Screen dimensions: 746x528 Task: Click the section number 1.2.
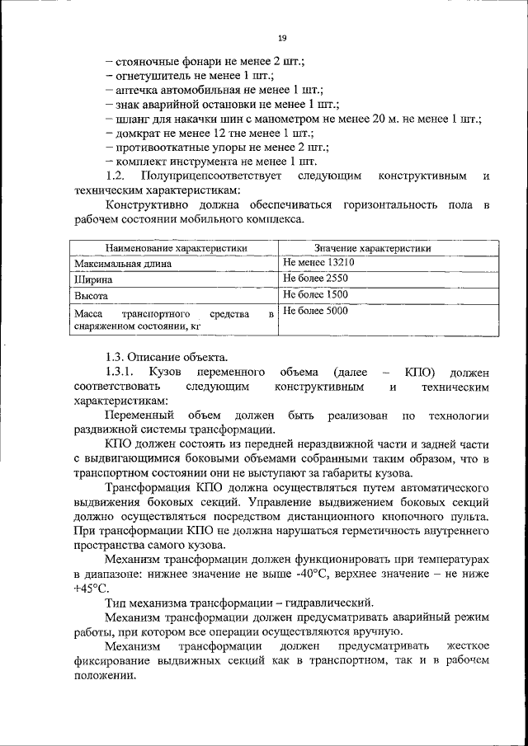(115, 176)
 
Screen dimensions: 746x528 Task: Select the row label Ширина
(92, 279)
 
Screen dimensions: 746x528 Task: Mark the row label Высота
(91, 295)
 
